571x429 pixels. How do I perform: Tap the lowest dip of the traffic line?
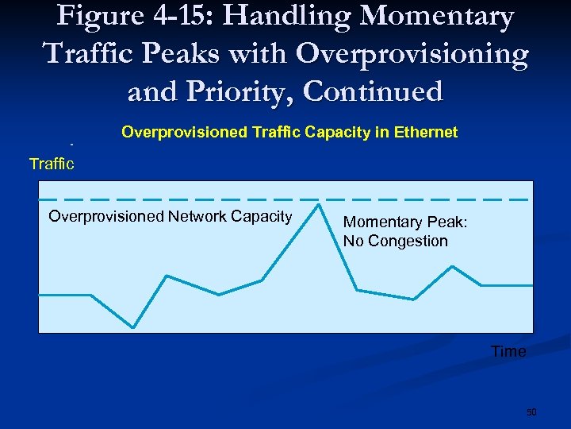133,327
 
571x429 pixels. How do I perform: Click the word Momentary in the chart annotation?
378,222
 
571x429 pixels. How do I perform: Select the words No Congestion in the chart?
396,241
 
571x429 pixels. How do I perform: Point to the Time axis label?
508,351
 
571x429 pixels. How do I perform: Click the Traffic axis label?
52,164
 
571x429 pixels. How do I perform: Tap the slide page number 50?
531,412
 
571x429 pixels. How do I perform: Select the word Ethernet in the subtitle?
427,132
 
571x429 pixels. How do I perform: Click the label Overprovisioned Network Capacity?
170,216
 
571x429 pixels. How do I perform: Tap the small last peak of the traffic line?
452,266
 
